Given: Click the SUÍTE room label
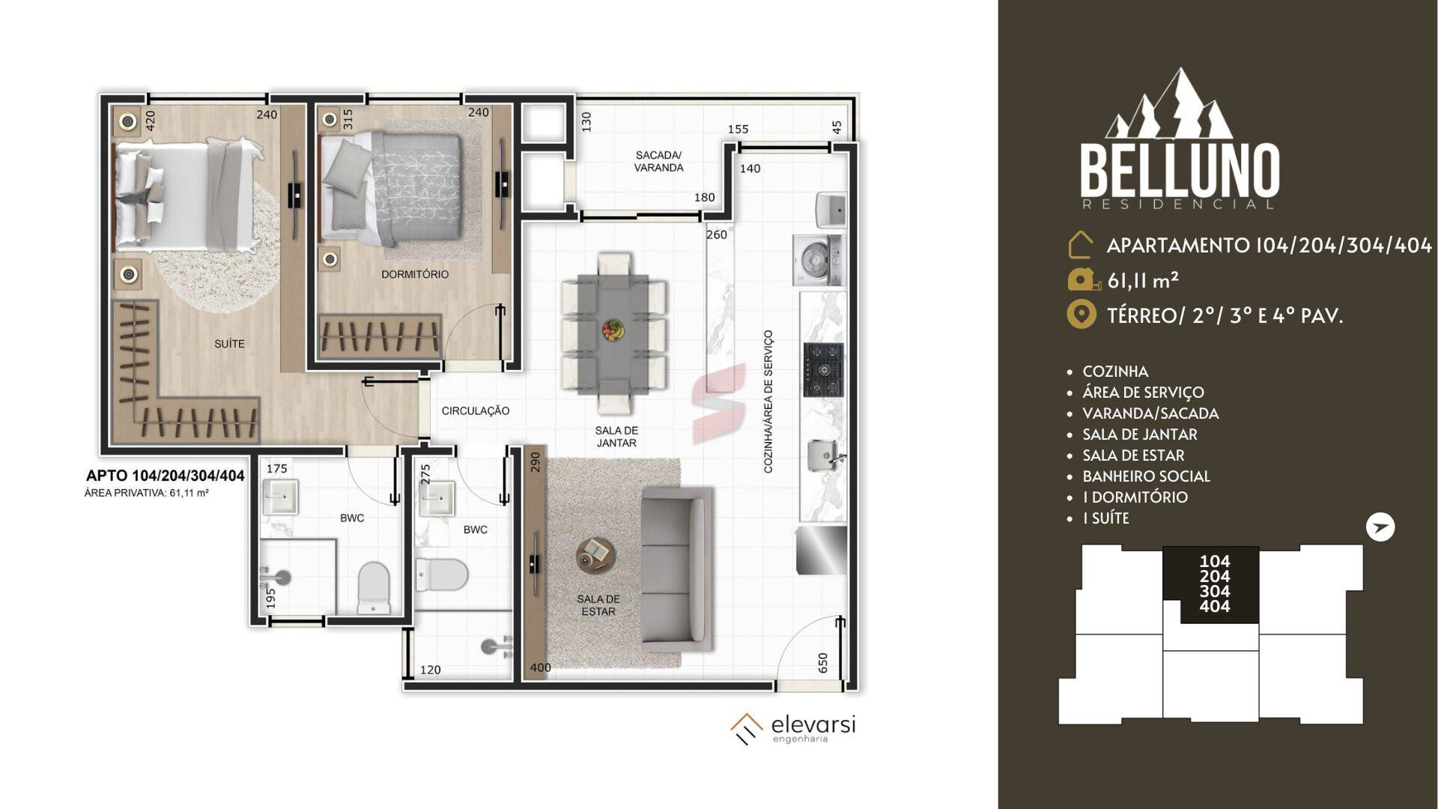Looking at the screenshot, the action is [229, 344].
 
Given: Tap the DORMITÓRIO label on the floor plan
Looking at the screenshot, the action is [415, 274].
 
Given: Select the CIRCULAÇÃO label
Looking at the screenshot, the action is [476, 410].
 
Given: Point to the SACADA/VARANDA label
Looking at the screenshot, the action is [658, 161].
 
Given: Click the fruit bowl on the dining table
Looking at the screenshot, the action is [613, 330].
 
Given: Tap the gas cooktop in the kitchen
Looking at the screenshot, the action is [824, 369].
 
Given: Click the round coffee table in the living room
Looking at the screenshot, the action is [596, 555].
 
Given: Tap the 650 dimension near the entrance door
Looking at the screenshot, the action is [823, 662].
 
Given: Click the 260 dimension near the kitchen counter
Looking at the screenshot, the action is [717, 234].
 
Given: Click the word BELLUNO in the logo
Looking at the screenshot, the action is [1180, 171].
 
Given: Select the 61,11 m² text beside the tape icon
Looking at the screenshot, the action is [1144, 280].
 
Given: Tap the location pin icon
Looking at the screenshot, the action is [1081, 315].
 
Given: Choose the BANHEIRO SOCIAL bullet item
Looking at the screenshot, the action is [1146, 476].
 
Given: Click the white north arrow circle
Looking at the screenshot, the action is [1380, 527].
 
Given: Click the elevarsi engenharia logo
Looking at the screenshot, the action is [793, 729].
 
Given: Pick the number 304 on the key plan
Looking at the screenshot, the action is [1215, 591].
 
